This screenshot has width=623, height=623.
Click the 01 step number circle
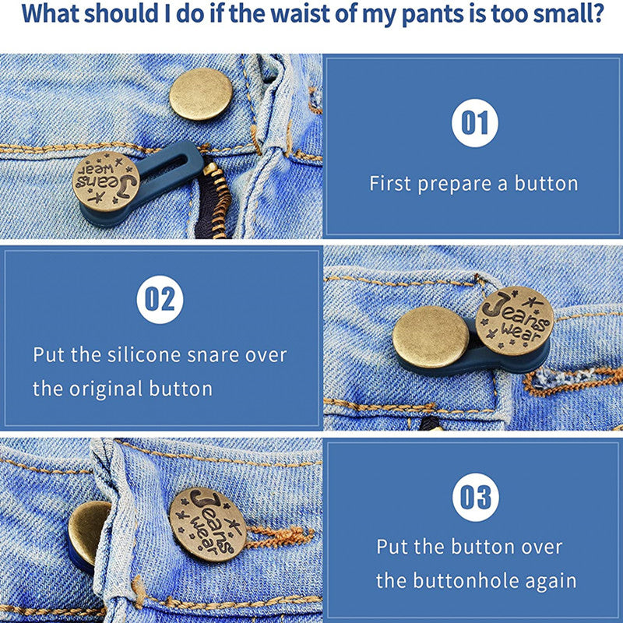point(475,123)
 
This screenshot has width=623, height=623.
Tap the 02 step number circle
point(160,300)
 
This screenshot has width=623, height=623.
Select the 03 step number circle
point(476,497)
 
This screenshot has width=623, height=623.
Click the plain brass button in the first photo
point(201,94)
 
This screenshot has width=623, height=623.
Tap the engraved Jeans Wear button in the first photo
point(106,181)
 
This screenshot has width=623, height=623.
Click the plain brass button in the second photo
point(431,337)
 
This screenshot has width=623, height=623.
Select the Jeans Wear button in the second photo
point(515,321)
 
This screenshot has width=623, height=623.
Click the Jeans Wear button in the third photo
point(208,524)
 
